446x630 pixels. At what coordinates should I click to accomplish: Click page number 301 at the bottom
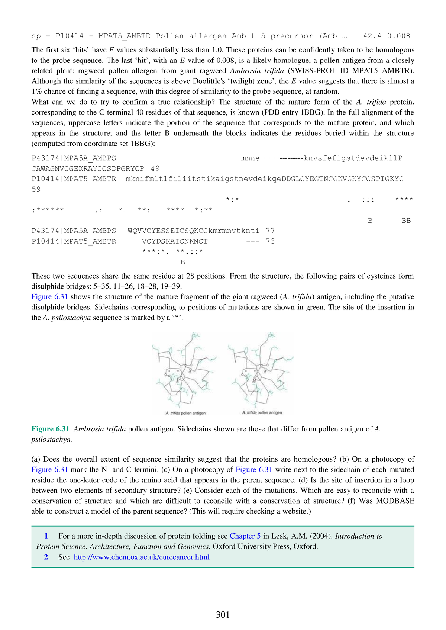[223, 615]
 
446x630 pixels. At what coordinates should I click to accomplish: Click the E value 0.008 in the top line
[398, 36]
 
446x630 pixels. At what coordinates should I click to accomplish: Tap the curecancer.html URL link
[142, 557]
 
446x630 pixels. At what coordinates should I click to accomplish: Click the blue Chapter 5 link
[245, 536]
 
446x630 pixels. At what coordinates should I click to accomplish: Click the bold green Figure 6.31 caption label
[51, 429]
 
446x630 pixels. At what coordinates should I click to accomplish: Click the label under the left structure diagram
[185, 413]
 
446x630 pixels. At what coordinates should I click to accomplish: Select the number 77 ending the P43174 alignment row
[270, 231]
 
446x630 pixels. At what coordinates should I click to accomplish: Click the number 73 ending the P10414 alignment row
[270, 241]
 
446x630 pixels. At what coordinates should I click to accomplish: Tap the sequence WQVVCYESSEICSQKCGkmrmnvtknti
[193, 231]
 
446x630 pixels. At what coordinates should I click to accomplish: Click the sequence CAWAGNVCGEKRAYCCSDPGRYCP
[88, 168]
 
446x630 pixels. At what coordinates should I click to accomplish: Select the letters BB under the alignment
[406, 221]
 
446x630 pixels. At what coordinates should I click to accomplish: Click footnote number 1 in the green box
[46, 536]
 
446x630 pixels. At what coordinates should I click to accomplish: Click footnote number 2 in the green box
[46, 557]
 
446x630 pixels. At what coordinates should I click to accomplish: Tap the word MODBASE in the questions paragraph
[395, 501]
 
